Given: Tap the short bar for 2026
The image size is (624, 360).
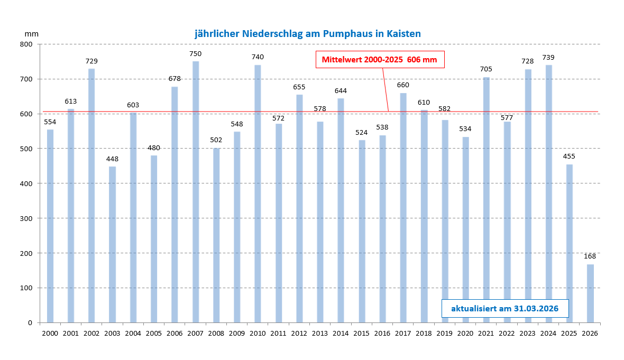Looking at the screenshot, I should point(590,293).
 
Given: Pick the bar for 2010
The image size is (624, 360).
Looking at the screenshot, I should point(258,193).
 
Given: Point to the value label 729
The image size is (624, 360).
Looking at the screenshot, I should point(91,61).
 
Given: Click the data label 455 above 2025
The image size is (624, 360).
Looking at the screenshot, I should point(569,156).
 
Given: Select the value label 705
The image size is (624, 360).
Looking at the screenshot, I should point(486,69).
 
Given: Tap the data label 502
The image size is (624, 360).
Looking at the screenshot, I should point(216,140).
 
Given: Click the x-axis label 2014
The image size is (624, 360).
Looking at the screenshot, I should point(341,333).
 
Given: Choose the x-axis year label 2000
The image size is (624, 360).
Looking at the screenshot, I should point(50,333).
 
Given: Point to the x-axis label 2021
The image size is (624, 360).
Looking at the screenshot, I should point(486,333).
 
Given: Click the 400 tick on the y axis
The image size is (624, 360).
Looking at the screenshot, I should point(26,183).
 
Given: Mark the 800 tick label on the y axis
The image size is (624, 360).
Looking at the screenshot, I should point(26,44).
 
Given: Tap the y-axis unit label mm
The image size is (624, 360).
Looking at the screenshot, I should point(32,33).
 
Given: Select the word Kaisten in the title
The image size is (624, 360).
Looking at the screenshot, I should point(403,34).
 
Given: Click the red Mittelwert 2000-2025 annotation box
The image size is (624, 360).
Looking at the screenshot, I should point(380,60).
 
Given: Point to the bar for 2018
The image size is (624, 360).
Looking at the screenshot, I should point(424,216).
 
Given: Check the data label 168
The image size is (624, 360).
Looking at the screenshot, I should point(590,256).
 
